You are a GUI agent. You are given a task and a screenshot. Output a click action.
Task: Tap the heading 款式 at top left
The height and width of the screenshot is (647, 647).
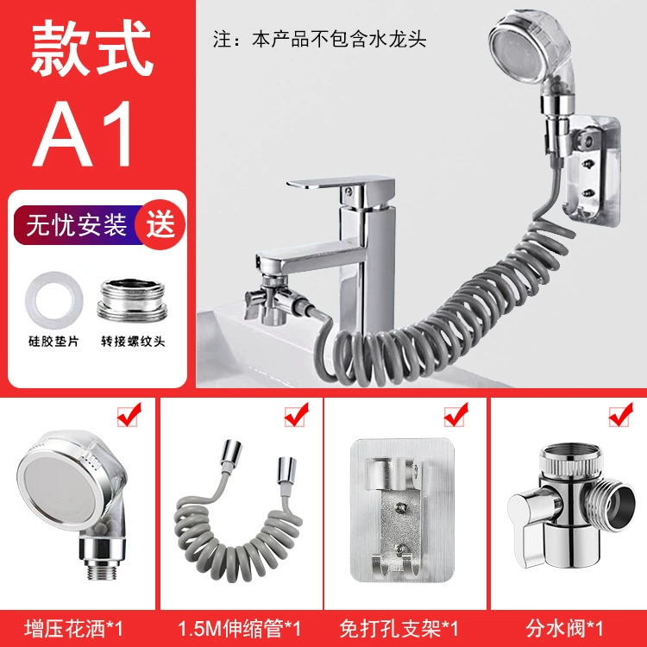coord(91,47)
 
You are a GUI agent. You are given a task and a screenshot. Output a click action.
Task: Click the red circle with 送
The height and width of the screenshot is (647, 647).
coord(160,224)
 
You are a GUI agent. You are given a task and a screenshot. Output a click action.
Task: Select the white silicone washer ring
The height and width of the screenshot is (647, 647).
coord(54,300)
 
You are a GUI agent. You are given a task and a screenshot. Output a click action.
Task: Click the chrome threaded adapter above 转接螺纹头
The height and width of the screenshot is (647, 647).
coord(133,299)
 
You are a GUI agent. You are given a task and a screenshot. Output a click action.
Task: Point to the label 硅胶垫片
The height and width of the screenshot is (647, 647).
coord(53,342)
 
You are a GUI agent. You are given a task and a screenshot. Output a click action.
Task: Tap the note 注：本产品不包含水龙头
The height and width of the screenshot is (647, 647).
coord(319,39)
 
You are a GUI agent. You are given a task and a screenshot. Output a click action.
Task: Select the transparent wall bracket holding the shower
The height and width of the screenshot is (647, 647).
coord(593,171)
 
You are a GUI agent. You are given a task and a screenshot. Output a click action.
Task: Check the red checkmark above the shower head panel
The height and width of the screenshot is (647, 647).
coord(129,414)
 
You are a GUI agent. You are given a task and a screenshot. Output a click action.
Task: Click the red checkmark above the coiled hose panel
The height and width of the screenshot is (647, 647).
coord(296,414)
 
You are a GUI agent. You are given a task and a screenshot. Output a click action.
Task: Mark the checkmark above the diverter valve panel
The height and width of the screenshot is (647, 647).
coord(620,414)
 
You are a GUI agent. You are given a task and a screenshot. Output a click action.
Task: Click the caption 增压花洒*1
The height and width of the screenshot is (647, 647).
coord(74,628)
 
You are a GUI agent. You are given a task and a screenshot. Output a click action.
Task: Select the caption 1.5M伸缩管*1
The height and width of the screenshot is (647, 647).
coord(239,628)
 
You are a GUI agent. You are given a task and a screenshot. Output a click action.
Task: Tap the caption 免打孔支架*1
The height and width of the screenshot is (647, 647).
coord(399,628)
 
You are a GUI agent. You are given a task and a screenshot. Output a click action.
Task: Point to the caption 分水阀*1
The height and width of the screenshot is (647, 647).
coord(564,628)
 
